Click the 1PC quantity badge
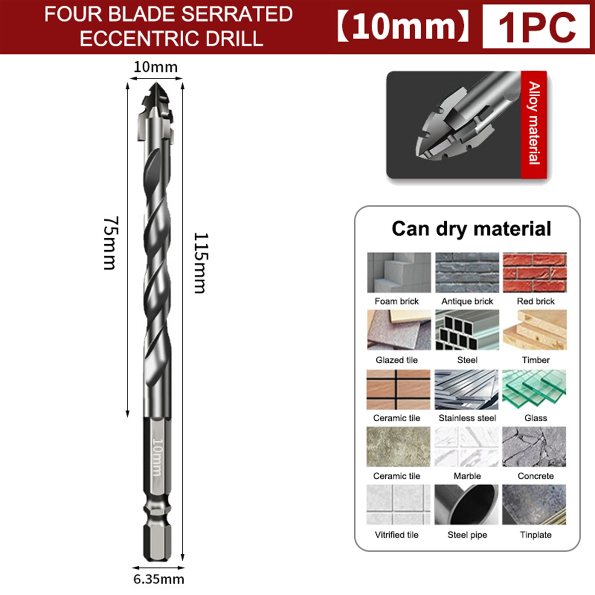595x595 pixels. [536, 27]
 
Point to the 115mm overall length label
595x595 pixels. [201, 263]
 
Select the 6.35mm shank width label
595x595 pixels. [159, 579]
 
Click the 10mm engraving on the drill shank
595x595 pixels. [157, 457]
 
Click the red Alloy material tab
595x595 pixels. [534, 124]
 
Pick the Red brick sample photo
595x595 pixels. [535, 273]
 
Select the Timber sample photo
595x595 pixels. [535, 330]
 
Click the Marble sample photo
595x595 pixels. [467, 447]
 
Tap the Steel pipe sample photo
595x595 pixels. [466, 504]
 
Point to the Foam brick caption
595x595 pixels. [397, 301]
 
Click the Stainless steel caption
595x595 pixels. [467, 418]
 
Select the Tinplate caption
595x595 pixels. [535, 535]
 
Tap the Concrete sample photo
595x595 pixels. [534, 447]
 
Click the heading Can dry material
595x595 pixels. [471, 229]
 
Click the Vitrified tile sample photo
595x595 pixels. [398, 504]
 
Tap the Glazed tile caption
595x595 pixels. [397, 360]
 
